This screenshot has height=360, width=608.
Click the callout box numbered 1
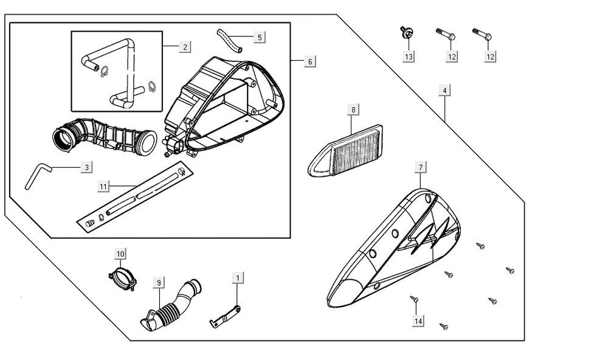[x=238, y=277]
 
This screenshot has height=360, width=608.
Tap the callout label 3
[x=87, y=167]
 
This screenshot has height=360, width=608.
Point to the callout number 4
[x=445, y=91]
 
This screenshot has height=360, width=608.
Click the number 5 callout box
[x=260, y=37]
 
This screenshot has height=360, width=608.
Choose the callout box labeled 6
[x=310, y=61]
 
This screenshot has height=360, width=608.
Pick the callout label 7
[x=420, y=167]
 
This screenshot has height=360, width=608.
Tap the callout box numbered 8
[x=353, y=109]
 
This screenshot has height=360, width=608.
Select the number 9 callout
[x=159, y=282]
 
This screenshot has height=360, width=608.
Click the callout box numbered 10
[x=120, y=253]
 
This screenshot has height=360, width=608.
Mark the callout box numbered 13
[x=409, y=57]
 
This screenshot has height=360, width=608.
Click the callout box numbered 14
[x=418, y=320]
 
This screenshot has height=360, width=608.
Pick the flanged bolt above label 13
[x=404, y=32]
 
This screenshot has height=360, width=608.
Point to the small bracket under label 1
[x=226, y=315]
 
